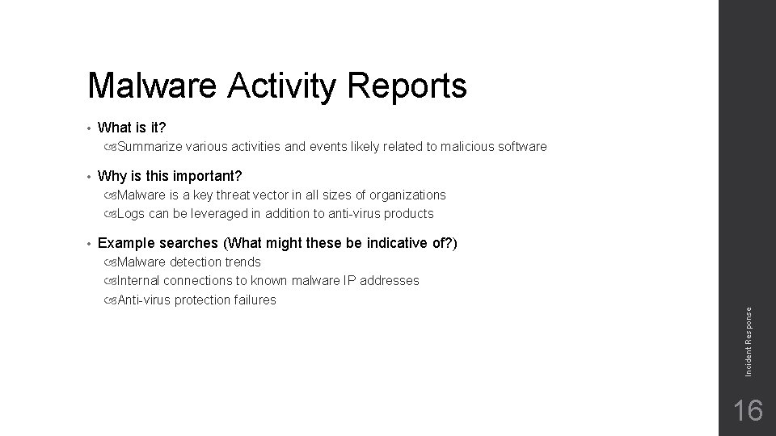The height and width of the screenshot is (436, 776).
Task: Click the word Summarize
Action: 150,147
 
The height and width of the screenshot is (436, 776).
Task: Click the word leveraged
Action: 220,214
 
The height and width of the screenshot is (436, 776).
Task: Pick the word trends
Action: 242,262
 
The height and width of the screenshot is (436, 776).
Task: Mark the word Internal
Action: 138,281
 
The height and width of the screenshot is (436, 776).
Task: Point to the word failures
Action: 254,300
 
